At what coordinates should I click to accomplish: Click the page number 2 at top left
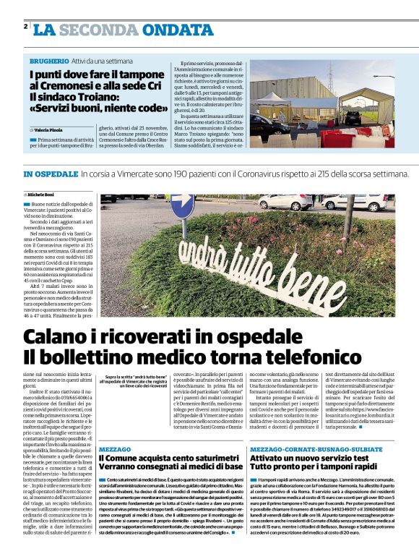pyautogui.click(x=25, y=27)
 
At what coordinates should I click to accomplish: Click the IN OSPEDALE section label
pyautogui.click(x=50, y=174)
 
